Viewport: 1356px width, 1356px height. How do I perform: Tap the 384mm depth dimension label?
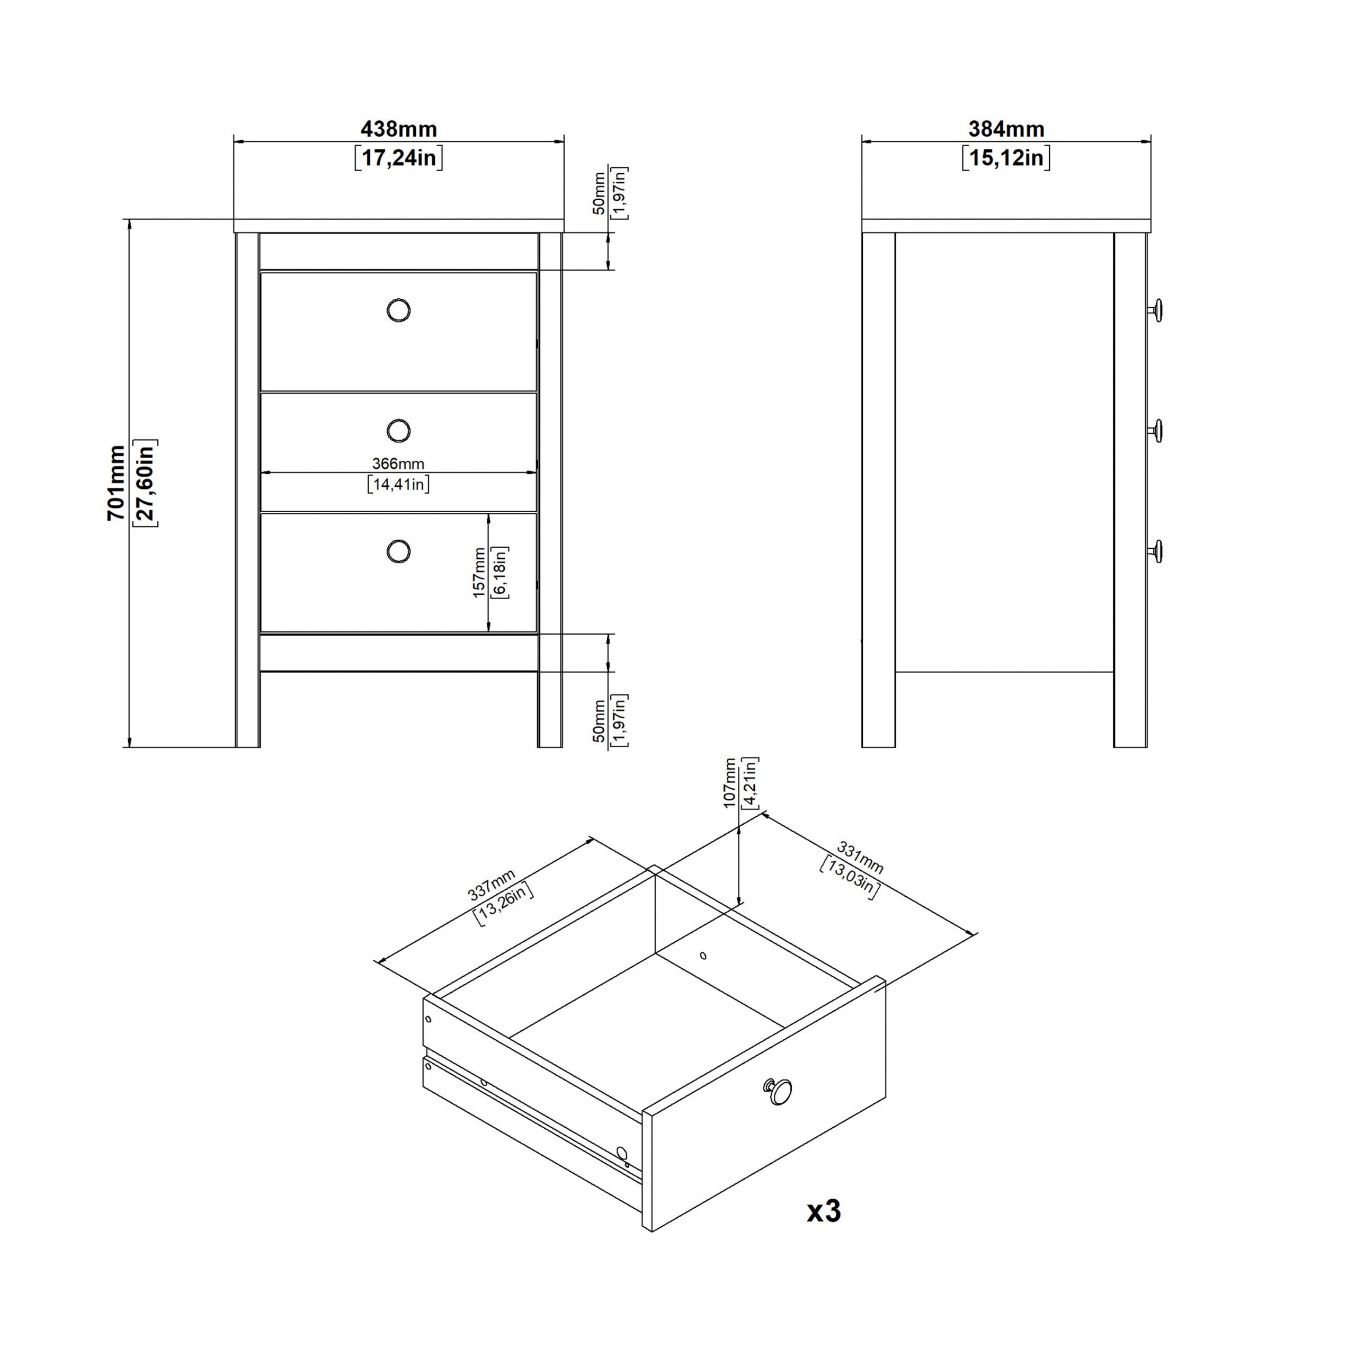click(1006, 129)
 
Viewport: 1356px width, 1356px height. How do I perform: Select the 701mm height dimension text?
click(117, 483)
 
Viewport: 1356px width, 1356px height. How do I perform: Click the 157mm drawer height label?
click(479, 573)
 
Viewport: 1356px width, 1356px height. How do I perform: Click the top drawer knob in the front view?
click(399, 310)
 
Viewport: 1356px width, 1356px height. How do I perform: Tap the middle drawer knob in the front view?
click(399, 430)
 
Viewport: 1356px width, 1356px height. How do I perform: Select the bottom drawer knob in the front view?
click(399, 551)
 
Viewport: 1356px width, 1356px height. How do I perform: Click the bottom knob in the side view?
click(1155, 550)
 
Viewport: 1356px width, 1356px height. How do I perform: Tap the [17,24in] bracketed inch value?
click(399, 158)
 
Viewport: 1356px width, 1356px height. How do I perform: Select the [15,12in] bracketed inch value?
click(1006, 158)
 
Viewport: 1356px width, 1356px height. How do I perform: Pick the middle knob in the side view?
click(1155, 430)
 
